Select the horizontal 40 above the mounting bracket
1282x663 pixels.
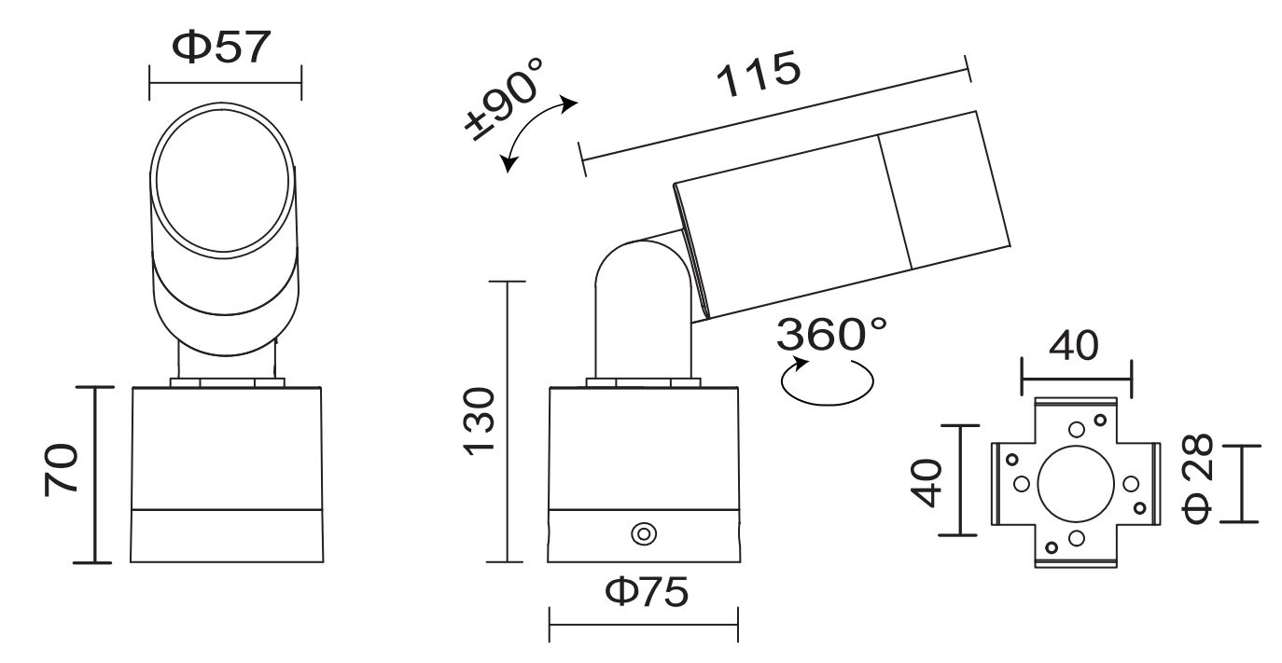(x=1074, y=347)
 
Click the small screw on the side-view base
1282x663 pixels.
(x=643, y=534)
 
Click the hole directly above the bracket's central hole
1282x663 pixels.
(x=1076, y=429)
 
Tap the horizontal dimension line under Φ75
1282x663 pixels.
(x=643, y=625)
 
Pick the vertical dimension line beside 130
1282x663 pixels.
(x=507, y=421)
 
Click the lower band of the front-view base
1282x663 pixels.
(x=227, y=535)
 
